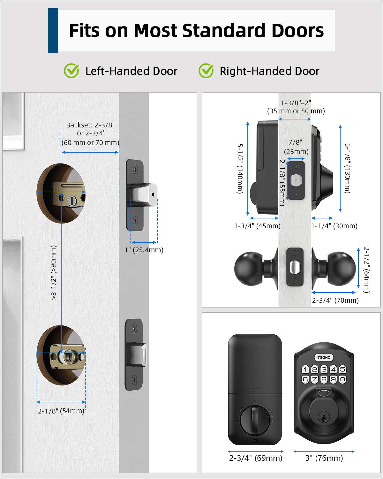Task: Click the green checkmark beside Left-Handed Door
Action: (x=71, y=71)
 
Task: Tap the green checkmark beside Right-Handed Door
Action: (x=206, y=71)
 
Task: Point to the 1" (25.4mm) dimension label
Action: (x=144, y=250)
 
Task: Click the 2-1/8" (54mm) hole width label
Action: (x=61, y=411)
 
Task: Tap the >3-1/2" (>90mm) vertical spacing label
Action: (x=54, y=272)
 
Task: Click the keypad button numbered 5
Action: (x=342, y=369)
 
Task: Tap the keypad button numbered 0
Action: (x=342, y=379)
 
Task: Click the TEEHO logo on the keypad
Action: (x=324, y=357)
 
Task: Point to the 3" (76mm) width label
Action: (x=324, y=458)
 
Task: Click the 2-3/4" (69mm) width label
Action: (x=256, y=458)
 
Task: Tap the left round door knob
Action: (x=248, y=268)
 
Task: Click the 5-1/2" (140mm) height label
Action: (x=240, y=169)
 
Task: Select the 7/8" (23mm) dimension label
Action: (x=296, y=147)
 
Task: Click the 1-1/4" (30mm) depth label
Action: (x=334, y=226)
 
